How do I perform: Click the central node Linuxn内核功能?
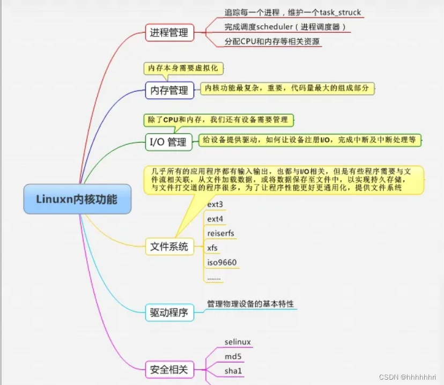click(x=77, y=199)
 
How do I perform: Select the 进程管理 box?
click(x=168, y=33)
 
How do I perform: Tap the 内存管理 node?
click(x=168, y=91)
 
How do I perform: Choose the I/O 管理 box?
click(x=168, y=142)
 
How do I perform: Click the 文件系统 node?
click(x=168, y=247)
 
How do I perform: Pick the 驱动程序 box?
click(x=168, y=312)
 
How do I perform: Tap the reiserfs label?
click(x=221, y=234)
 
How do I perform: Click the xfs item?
click(x=212, y=248)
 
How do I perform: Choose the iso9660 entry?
click(x=222, y=262)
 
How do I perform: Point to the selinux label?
click(x=238, y=342)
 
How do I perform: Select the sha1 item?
click(x=233, y=371)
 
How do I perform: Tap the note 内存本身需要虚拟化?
click(x=182, y=69)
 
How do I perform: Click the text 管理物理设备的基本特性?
click(x=250, y=303)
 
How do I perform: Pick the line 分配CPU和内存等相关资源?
click(x=272, y=41)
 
